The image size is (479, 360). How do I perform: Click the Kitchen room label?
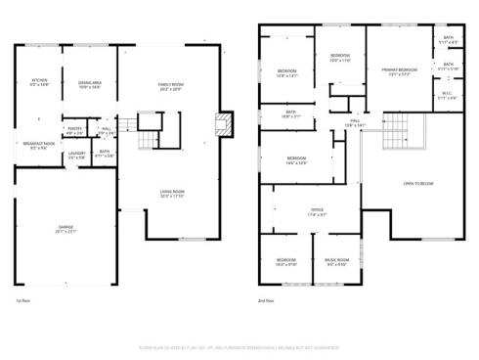coord(39,82)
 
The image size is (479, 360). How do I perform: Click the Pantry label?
coord(74,130)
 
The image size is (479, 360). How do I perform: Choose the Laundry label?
coord(75,155)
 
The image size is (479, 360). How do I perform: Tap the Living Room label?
coord(172,193)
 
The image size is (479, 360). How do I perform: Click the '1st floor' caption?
coord(24,301)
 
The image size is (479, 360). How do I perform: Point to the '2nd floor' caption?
coord(266,301)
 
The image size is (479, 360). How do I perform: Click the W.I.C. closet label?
coord(447,97)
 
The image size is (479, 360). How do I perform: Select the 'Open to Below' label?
coord(418,184)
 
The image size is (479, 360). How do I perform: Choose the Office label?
coord(317,212)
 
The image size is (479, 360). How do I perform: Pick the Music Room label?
coord(336,261)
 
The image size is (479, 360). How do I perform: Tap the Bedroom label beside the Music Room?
coord(285,261)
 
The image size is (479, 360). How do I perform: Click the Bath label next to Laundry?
coord(105,153)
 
